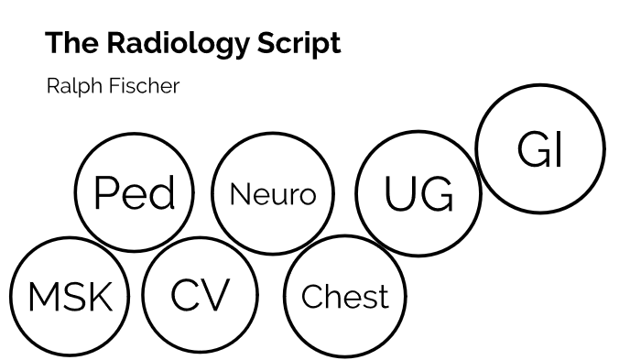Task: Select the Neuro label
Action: coord(272,195)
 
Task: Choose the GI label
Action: coord(539,150)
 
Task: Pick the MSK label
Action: coord(70,297)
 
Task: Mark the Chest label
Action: coord(344,297)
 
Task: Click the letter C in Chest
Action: coord(310,297)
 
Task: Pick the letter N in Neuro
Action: coord(240,195)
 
